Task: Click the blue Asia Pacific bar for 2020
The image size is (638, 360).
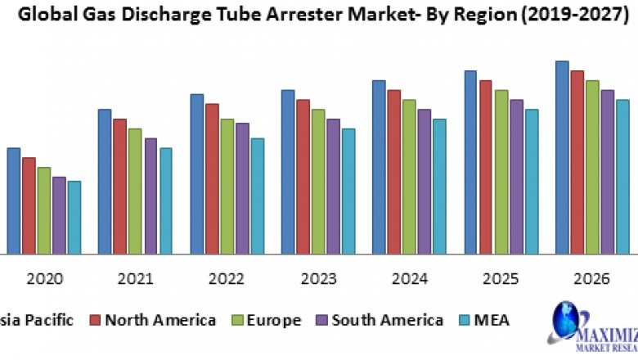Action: coord(14,200)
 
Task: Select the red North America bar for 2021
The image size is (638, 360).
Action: coord(120,186)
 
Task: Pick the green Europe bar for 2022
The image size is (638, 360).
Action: coord(227,186)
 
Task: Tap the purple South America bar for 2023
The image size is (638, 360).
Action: coord(333,186)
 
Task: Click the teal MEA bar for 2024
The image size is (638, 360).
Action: coord(439,186)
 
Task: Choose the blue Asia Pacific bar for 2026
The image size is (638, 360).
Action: coord(563,157)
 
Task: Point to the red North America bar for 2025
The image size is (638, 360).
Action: coord(486,167)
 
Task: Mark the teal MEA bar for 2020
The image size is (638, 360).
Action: coord(74,217)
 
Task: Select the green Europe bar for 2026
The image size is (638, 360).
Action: coord(592,167)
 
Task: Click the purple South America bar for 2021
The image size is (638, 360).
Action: coord(151,196)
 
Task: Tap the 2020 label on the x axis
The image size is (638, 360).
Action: coord(44,279)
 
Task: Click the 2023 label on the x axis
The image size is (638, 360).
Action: coord(317,279)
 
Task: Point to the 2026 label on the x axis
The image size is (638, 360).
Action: coord(591,279)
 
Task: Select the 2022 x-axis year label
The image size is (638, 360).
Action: coord(227,279)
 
